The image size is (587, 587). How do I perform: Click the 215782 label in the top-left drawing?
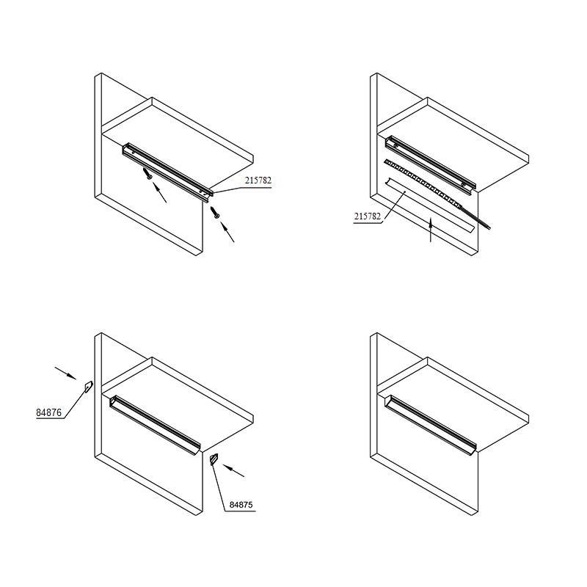tap(258, 181)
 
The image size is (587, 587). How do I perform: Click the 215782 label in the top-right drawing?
tap(368, 216)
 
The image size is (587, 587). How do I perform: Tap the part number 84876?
tap(48, 413)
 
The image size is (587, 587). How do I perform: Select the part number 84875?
tap(241, 505)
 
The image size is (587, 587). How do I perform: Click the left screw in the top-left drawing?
tap(147, 174)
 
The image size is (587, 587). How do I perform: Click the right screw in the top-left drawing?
tap(215, 212)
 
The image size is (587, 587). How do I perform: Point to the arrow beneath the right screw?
tap(227, 232)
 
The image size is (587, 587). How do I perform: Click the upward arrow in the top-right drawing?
tap(431, 230)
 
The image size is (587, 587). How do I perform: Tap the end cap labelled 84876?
tap(88, 387)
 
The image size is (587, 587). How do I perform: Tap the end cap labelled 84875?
tap(214, 459)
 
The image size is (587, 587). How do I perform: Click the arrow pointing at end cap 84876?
tap(66, 373)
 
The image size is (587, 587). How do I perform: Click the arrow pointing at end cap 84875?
tap(233, 470)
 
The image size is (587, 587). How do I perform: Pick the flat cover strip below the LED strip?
tap(430, 205)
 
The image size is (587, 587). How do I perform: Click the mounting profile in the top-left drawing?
tap(168, 172)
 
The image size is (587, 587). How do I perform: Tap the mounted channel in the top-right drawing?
tap(431, 162)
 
